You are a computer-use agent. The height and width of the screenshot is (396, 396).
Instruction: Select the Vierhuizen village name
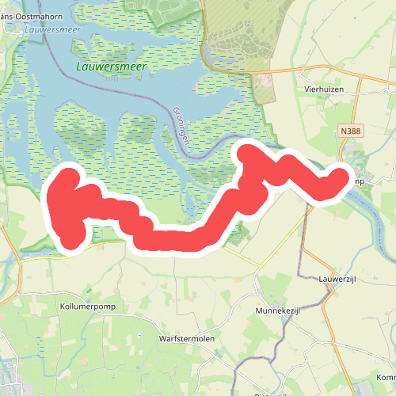tap(326, 90)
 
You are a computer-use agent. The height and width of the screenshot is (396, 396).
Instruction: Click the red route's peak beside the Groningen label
tap(248, 150)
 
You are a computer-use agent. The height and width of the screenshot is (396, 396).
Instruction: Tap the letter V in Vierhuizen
tap(307, 90)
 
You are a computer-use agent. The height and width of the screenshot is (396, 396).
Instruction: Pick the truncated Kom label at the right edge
tap(386, 377)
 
